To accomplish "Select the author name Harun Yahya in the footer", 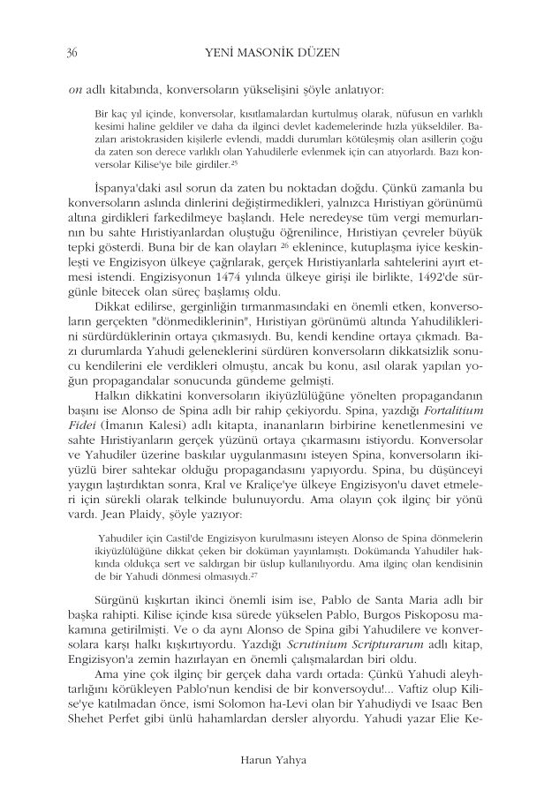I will click(x=271, y=757).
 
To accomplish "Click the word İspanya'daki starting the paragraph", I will click(x=126, y=191).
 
